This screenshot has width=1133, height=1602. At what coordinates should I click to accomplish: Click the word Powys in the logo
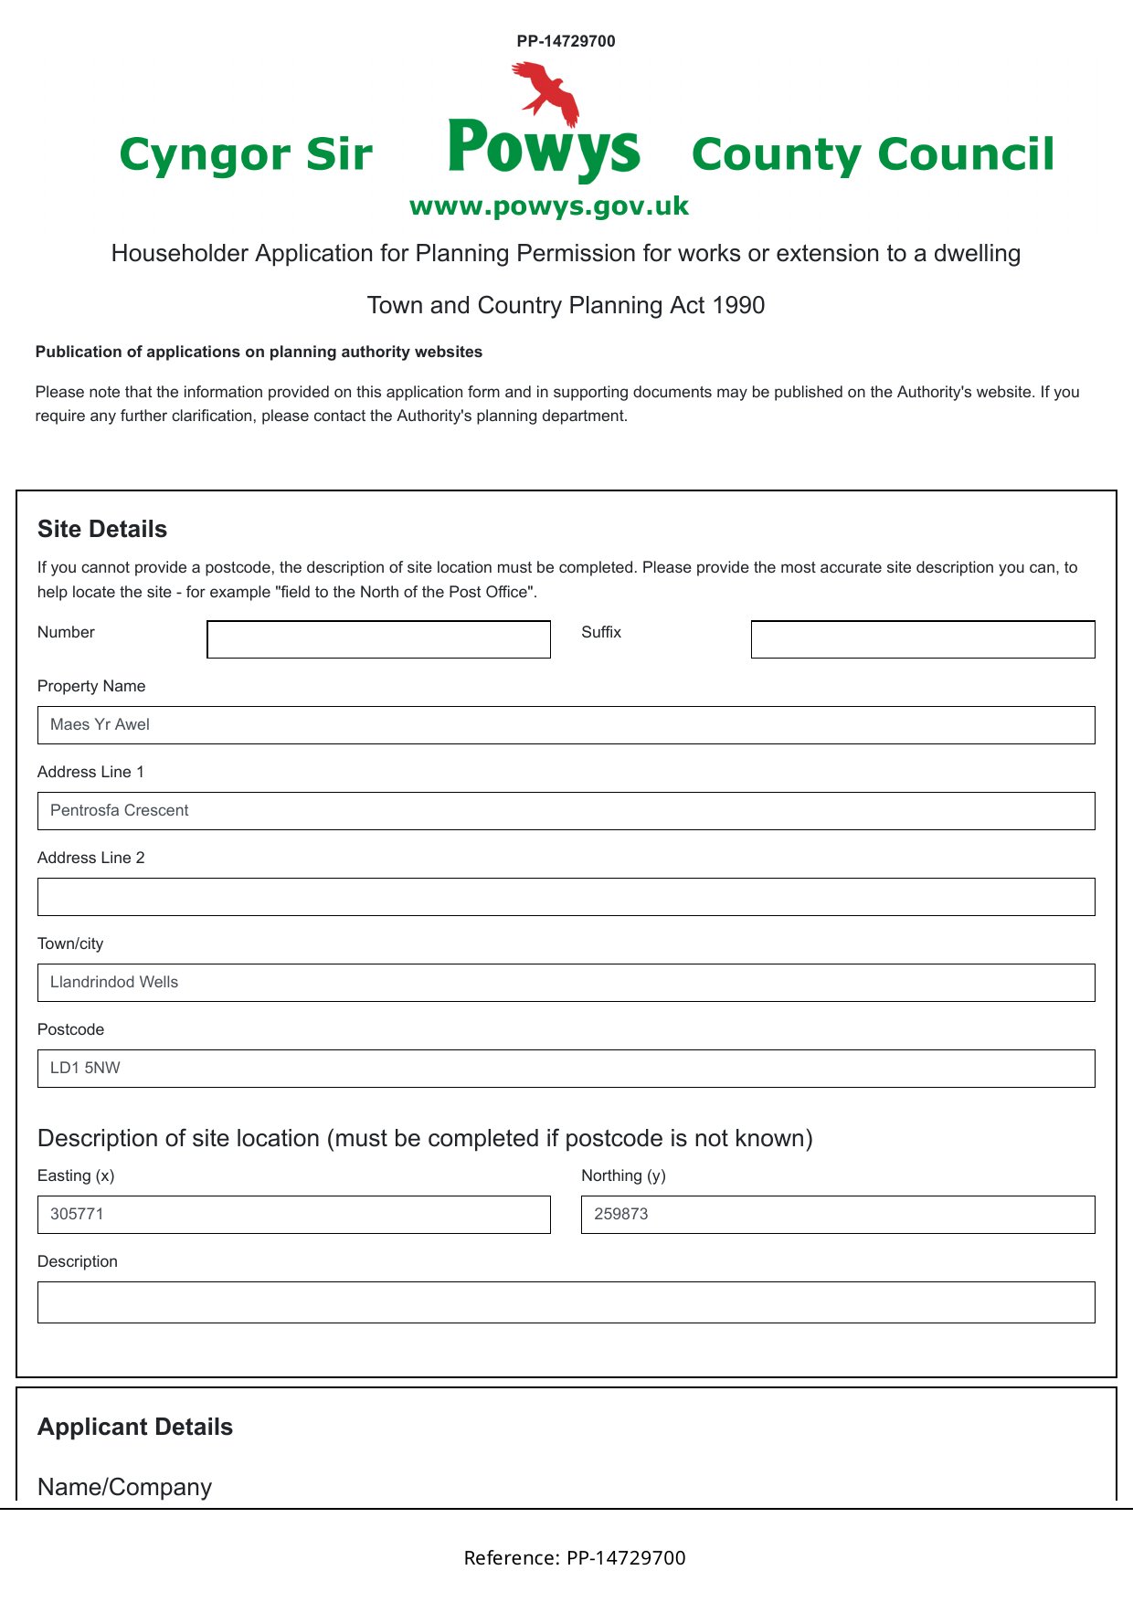[544, 148]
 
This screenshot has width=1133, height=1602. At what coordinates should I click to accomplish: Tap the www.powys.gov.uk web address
[549, 206]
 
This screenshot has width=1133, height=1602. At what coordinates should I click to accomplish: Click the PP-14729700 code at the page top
[566, 41]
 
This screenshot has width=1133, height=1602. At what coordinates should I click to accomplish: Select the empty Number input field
[378, 639]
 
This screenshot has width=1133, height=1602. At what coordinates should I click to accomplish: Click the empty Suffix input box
[923, 639]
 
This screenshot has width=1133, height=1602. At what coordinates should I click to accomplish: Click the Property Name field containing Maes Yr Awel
[566, 725]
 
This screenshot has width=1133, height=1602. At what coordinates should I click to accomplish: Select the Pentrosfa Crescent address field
[566, 811]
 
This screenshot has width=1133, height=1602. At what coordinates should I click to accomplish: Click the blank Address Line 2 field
[566, 897]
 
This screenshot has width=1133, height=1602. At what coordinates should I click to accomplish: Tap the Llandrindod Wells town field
[566, 983]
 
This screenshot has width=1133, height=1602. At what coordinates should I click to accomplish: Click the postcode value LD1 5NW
[86, 1069]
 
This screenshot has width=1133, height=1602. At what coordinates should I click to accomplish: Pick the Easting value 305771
[78, 1215]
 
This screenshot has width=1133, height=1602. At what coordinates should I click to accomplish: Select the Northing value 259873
[621, 1215]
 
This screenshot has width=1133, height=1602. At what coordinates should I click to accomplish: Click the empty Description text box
[566, 1302]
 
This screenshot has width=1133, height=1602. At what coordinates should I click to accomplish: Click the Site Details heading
[102, 530]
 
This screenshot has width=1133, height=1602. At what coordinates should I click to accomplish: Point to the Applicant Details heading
[135, 1428]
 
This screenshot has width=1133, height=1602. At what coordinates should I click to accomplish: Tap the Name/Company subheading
[124, 1488]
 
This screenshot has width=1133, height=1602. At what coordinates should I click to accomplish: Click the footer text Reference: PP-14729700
[575, 1558]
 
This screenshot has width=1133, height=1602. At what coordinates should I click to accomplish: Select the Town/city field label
[70, 944]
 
